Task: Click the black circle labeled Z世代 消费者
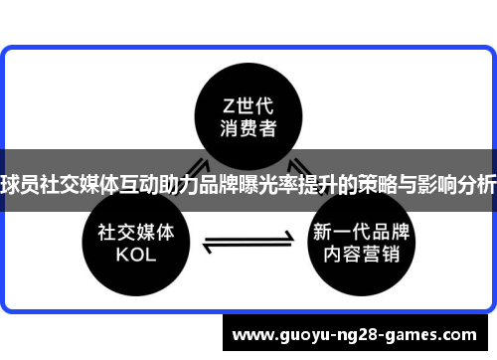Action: click(248, 116)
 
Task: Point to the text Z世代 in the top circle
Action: click(248, 104)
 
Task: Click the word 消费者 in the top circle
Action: click(248, 129)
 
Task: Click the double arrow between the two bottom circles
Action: click(248, 241)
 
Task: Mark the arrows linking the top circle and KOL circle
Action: click(195, 170)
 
